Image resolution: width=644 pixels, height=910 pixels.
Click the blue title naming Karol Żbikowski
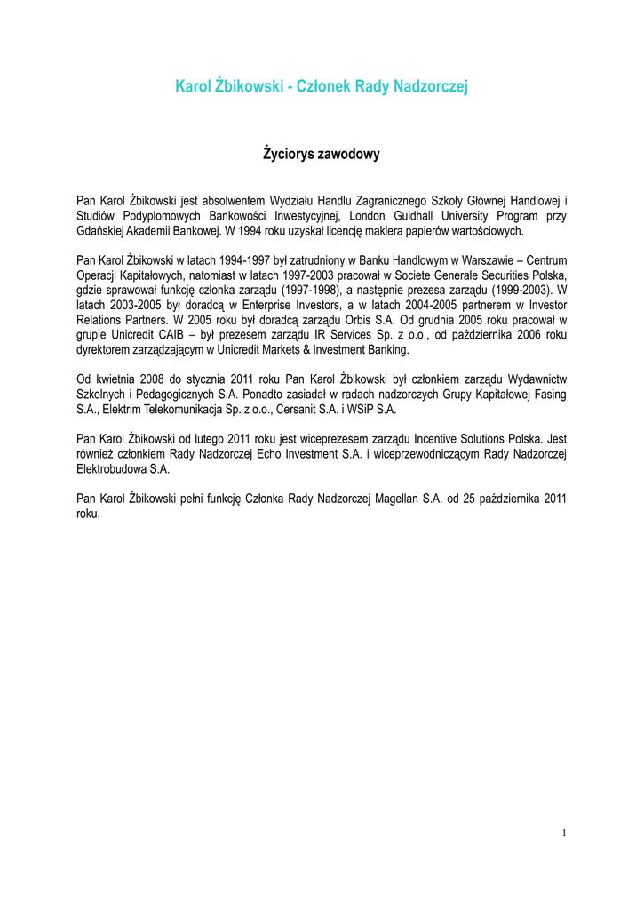322,86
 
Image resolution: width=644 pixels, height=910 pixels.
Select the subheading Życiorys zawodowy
322,155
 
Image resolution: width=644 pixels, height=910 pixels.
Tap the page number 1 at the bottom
563,833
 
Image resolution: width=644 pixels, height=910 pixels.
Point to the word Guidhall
422,215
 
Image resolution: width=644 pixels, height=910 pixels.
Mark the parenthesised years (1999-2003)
513,290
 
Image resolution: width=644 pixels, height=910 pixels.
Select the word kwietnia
118,379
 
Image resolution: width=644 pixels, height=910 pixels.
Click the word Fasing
548,395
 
